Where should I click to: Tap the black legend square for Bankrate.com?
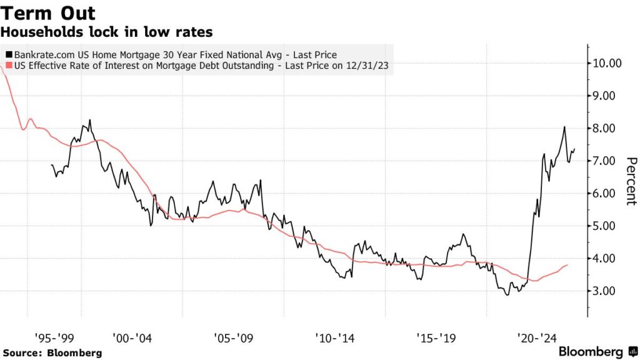click(x=8, y=55)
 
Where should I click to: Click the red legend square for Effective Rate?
click(x=8, y=66)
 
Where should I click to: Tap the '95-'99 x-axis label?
click(x=55, y=337)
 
